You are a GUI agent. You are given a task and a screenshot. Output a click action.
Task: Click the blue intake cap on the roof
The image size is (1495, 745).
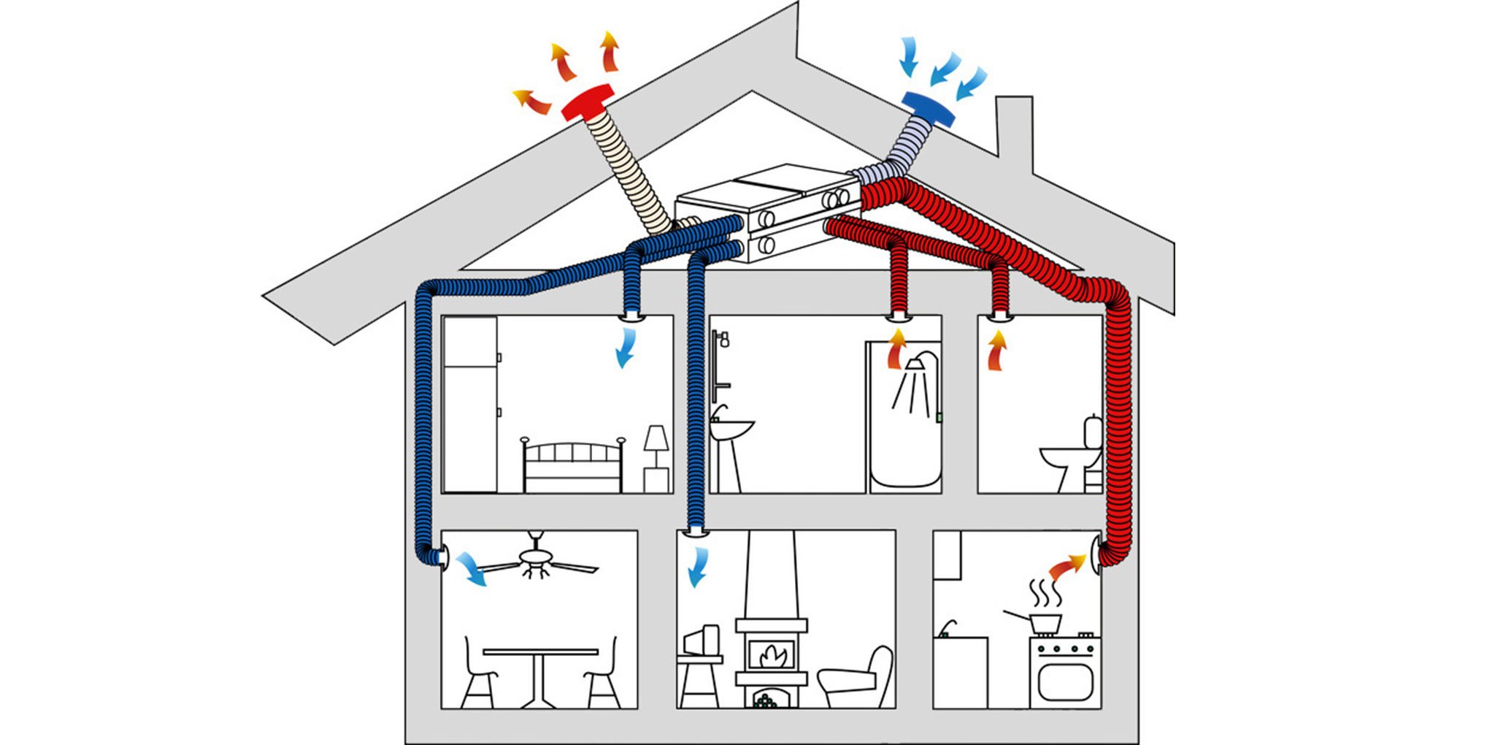point(929,108)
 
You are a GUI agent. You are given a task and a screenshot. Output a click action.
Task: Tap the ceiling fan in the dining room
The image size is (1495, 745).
point(539,561)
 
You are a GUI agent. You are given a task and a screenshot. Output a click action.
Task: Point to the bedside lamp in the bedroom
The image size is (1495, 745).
point(656,441)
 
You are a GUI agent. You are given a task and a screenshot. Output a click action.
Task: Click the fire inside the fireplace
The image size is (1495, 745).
point(771,654)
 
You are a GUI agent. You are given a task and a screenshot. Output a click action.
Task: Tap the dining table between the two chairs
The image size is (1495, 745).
point(540,652)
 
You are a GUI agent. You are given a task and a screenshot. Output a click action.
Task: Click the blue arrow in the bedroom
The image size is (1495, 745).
point(625,348)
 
